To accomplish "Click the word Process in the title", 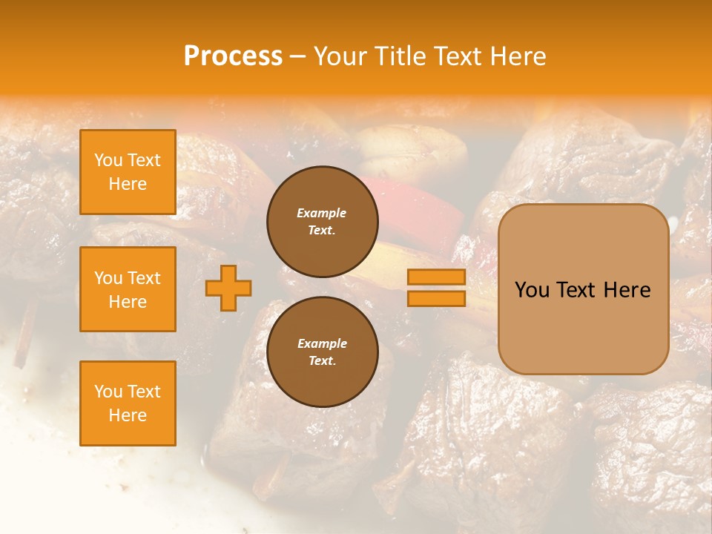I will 233,56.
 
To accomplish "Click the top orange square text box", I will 128,172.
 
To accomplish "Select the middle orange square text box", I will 128,289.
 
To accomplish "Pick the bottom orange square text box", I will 128,403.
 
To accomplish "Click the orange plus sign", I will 228,288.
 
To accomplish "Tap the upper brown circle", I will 322,222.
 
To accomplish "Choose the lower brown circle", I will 322,352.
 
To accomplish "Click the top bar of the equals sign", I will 436,277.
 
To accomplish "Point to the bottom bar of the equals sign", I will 436,298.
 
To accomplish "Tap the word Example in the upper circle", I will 321,213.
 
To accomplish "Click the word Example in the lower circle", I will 322,343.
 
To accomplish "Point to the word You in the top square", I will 108,160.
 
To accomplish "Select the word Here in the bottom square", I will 128,415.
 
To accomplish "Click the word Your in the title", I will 340,56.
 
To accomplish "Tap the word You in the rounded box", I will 532,290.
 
